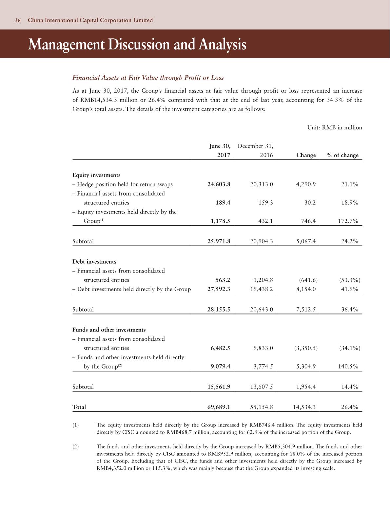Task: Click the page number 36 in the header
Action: click(x=18, y=20)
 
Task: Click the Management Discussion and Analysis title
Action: click(x=137, y=45)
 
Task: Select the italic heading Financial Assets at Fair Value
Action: click(x=148, y=78)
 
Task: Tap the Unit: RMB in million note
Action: click(x=335, y=128)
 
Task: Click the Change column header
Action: click(x=306, y=155)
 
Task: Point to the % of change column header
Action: click(x=342, y=155)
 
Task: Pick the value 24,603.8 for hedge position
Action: click(x=219, y=184)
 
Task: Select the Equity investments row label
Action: click(x=96, y=175)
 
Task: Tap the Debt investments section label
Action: click(x=94, y=262)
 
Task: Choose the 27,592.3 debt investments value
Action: click(x=219, y=289)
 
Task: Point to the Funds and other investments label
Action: click(x=109, y=330)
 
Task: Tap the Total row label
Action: click(x=79, y=407)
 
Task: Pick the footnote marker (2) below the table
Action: click(x=75, y=447)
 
